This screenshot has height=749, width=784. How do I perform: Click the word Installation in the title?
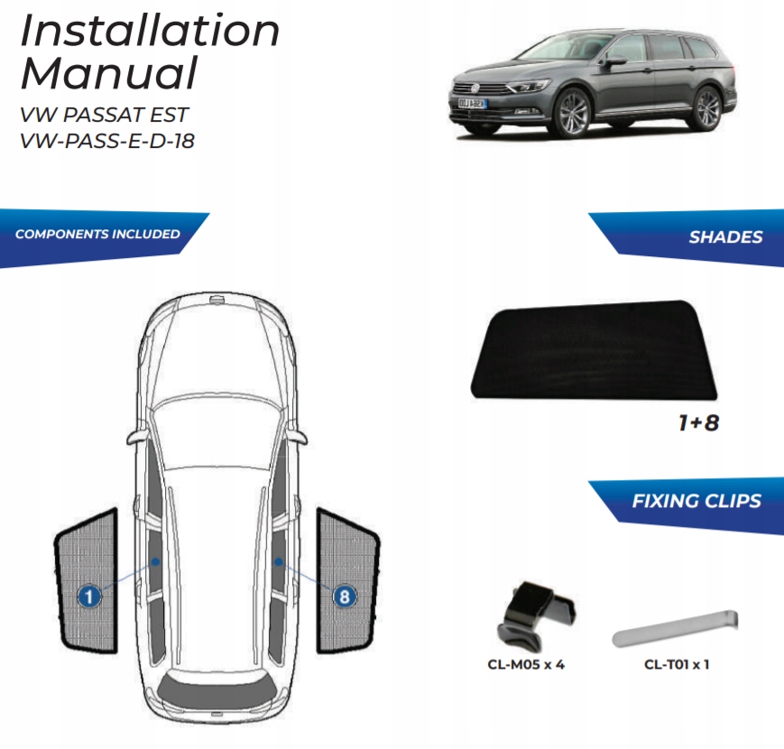(x=150, y=31)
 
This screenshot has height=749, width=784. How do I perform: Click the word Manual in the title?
(x=109, y=73)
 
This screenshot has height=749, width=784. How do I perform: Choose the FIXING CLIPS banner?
(x=696, y=501)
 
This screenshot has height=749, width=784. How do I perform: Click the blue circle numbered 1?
(x=88, y=596)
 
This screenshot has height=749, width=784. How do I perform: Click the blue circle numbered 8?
(x=344, y=596)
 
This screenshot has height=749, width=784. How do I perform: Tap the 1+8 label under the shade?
(x=697, y=421)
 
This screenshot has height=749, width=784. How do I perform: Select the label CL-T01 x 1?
(x=677, y=666)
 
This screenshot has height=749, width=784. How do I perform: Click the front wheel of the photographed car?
(x=574, y=114)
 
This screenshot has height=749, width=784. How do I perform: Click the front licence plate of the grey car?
(x=471, y=104)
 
